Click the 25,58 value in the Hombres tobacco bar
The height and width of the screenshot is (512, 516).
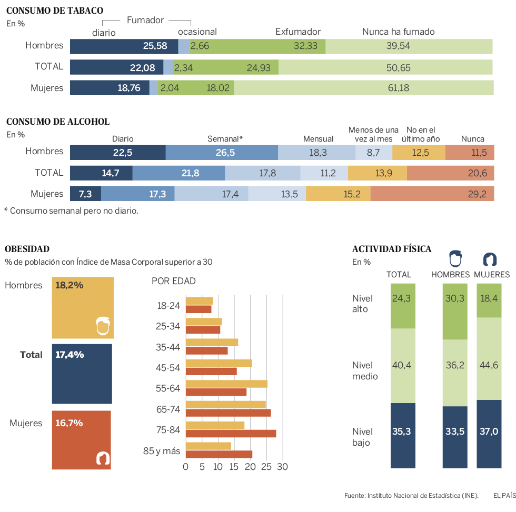tap(155, 46)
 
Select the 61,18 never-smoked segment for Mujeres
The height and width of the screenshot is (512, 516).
tap(399, 88)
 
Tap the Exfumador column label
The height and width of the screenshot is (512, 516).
tap(298, 32)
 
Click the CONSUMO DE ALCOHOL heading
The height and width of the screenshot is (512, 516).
tap(58, 122)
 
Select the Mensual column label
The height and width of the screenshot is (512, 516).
tap(318, 139)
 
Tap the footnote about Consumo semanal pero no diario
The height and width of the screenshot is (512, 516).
tap(71, 210)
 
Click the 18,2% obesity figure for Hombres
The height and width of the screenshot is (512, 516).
tap(69, 285)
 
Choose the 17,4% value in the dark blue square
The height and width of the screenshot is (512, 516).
tap(69, 355)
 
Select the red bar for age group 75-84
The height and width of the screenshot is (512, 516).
tap(231, 434)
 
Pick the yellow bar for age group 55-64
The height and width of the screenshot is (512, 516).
tap(226, 384)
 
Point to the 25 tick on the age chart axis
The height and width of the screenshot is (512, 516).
tap(267, 467)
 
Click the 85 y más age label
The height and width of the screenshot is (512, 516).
tap(162, 451)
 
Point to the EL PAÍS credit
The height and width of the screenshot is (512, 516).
tap(504, 495)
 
